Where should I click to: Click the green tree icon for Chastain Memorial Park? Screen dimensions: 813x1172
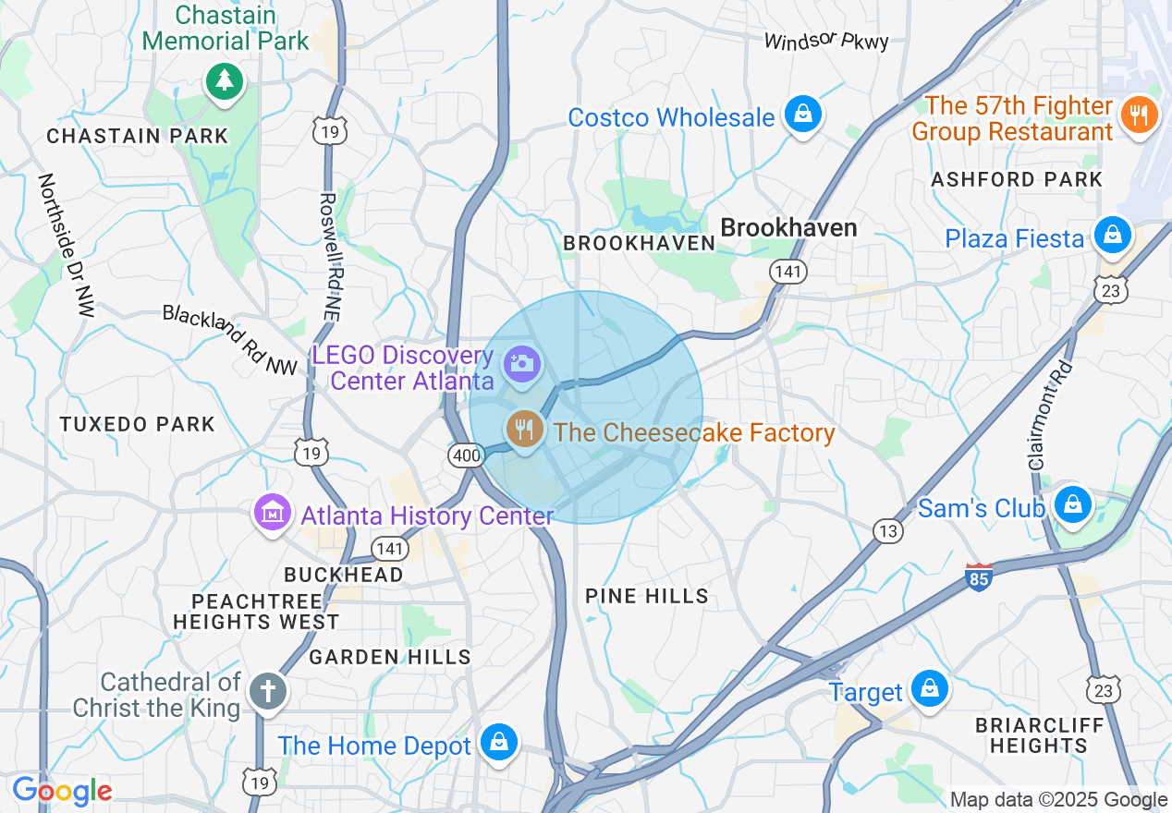point(223,80)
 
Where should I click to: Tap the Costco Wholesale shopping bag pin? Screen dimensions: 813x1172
point(803,115)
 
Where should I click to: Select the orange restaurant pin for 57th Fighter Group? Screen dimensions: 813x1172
point(1139,115)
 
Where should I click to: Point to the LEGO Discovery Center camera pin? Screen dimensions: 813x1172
point(521,363)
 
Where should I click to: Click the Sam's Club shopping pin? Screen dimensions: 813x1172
point(1072,504)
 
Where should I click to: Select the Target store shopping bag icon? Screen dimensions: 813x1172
point(929,688)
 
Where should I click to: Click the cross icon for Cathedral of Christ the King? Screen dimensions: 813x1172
point(268,691)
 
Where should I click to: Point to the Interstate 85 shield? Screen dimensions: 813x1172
point(979,578)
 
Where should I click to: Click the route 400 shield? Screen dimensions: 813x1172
point(465,455)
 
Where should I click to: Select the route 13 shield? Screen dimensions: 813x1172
point(888,530)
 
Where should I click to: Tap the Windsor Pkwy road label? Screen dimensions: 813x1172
point(826,41)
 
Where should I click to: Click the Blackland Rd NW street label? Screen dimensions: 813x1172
point(230,340)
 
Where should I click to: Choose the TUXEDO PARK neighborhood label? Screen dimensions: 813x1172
point(138,424)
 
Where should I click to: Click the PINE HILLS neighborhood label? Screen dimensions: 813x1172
point(647,597)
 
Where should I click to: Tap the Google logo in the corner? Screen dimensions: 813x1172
point(62,791)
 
